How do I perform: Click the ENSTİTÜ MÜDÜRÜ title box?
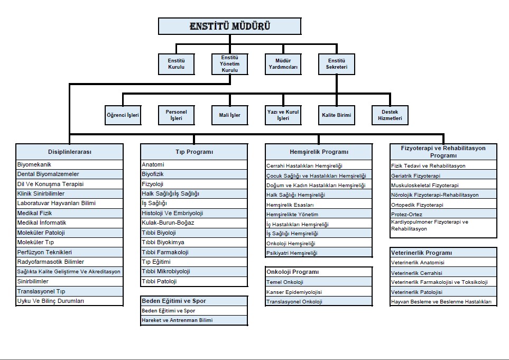230,26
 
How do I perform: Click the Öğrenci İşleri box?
123,115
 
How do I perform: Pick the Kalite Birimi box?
336,115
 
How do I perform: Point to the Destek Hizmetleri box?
391,115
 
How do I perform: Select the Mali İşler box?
229,115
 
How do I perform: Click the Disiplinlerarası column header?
70,152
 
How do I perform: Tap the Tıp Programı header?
194,152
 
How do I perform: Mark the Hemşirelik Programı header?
319,152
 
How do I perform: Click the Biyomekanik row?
70,164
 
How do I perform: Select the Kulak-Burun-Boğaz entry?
194,223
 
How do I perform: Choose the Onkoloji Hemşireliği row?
319,243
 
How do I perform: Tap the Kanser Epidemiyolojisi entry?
319,292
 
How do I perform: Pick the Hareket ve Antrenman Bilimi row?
194,320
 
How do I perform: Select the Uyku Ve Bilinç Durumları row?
70,301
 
